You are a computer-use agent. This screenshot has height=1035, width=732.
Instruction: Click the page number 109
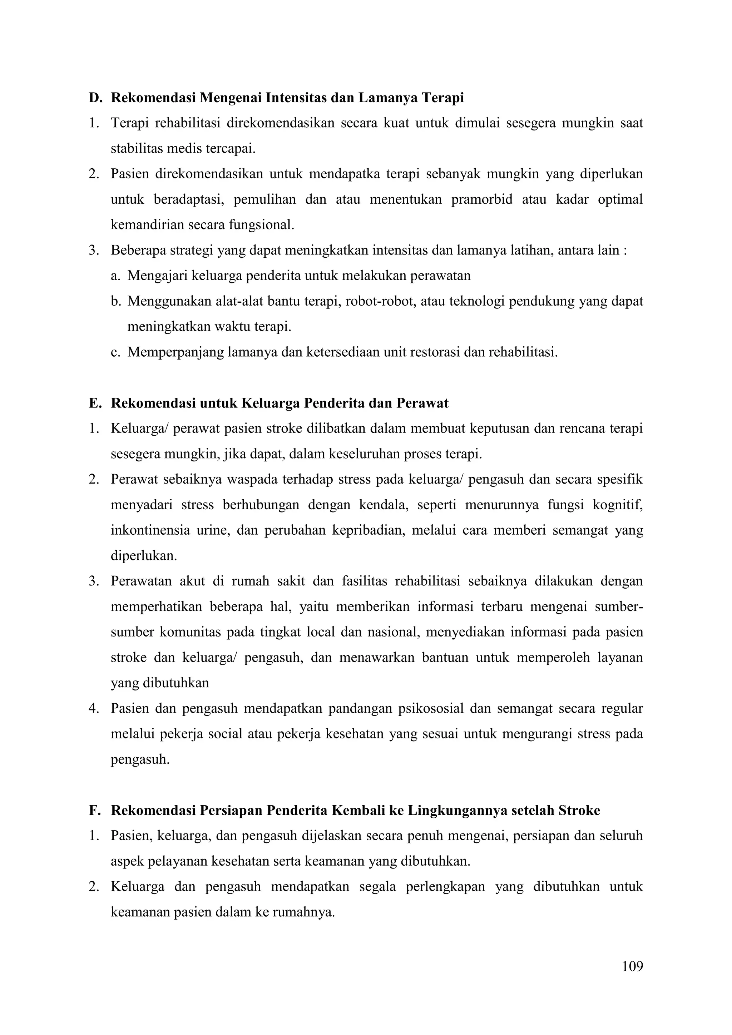tap(632, 966)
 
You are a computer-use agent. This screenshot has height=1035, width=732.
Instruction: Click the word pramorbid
tap(482, 200)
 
